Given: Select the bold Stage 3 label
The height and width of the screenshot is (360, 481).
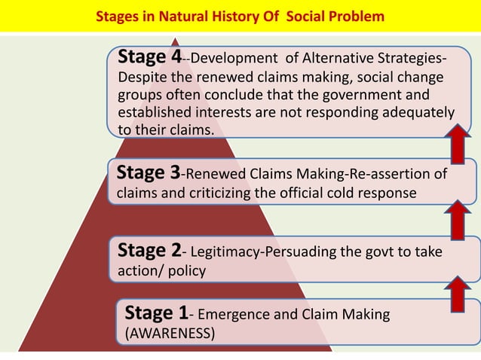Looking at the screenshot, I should (x=148, y=174).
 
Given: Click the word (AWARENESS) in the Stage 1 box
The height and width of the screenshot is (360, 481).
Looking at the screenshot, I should (x=170, y=333).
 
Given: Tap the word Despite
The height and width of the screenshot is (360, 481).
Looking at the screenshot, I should (x=142, y=78).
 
